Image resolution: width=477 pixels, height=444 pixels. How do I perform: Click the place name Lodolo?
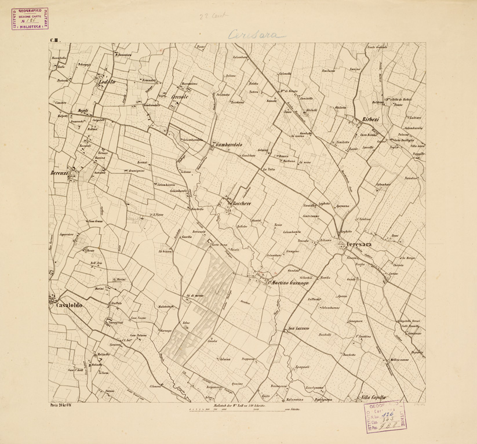(107, 82)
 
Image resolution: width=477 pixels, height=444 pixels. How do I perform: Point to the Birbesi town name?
(371, 119)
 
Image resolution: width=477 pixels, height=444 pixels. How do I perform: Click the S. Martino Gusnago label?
(287, 282)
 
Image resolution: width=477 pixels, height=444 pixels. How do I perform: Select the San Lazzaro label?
(300, 329)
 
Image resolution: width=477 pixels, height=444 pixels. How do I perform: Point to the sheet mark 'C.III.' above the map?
(56, 40)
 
